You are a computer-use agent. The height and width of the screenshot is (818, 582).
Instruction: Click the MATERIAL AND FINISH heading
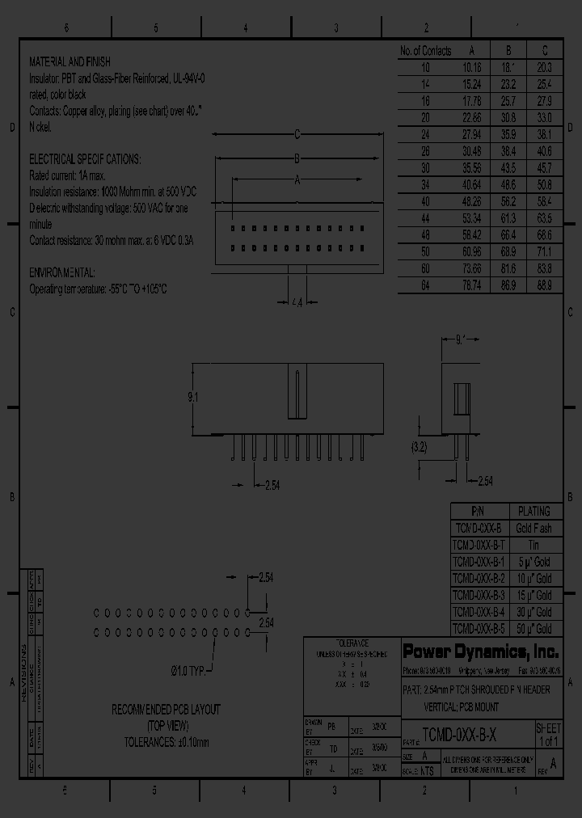pyautogui.click(x=70, y=61)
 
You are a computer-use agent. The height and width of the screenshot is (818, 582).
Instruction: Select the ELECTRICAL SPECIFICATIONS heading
pyautogui.click(x=84, y=159)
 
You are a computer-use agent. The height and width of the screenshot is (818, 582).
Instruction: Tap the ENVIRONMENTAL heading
pyautogui.click(x=62, y=272)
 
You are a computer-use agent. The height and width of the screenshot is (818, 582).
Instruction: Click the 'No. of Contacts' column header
pyautogui.click(x=425, y=51)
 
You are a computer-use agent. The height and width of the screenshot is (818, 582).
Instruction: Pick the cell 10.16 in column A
pyautogui.click(x=472, y=68)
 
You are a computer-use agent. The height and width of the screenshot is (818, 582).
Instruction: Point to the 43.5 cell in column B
pyautogui.click(x=508, y=168)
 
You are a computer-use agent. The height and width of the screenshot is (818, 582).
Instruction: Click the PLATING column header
pyautogui.click(x=533, y=511)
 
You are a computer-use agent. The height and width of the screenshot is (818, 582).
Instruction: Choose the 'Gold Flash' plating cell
pyautogui.click(x=533, y=528)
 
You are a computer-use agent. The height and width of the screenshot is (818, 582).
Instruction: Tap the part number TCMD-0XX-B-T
pyautogui.click(x=479, y=545)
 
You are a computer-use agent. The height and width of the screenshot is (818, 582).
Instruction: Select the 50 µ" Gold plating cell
pyautogui.click(x=533, y=629)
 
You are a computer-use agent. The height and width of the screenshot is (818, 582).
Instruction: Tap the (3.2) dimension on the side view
pyautogui.click(x=418, y=445)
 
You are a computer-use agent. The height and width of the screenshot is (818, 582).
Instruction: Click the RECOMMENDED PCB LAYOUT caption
pyautogui.click(x=167, y=710)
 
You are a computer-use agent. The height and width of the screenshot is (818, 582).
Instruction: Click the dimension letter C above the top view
pyautogui.click(x=297, y=134)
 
